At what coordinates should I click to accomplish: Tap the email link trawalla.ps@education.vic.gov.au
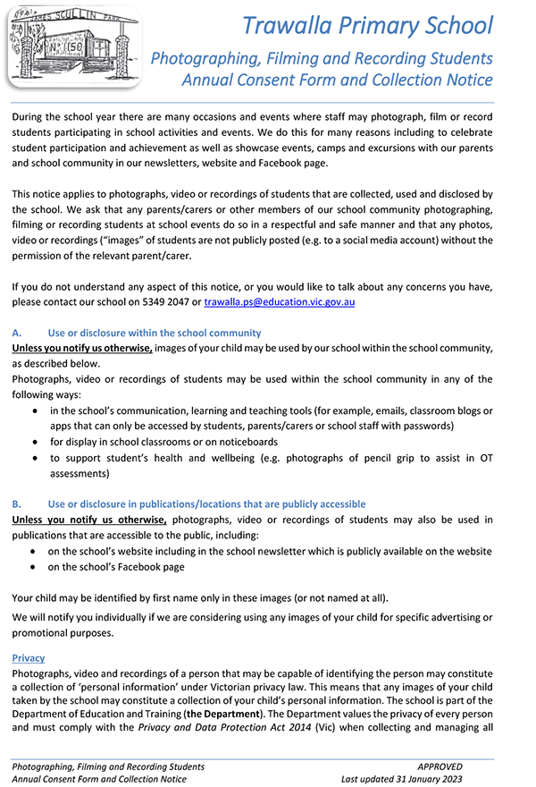pyautogui.click(x=280, y=302)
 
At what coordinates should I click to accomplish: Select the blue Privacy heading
pyautogui.click(x=29, y=657)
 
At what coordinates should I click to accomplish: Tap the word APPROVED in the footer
pyautogui.click(x=440, y=766)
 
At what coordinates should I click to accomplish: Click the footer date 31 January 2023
pyautogui.click(x=427, y=779)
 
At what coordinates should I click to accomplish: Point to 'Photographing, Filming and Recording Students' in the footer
pyautogui.click(x=108, y=766)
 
